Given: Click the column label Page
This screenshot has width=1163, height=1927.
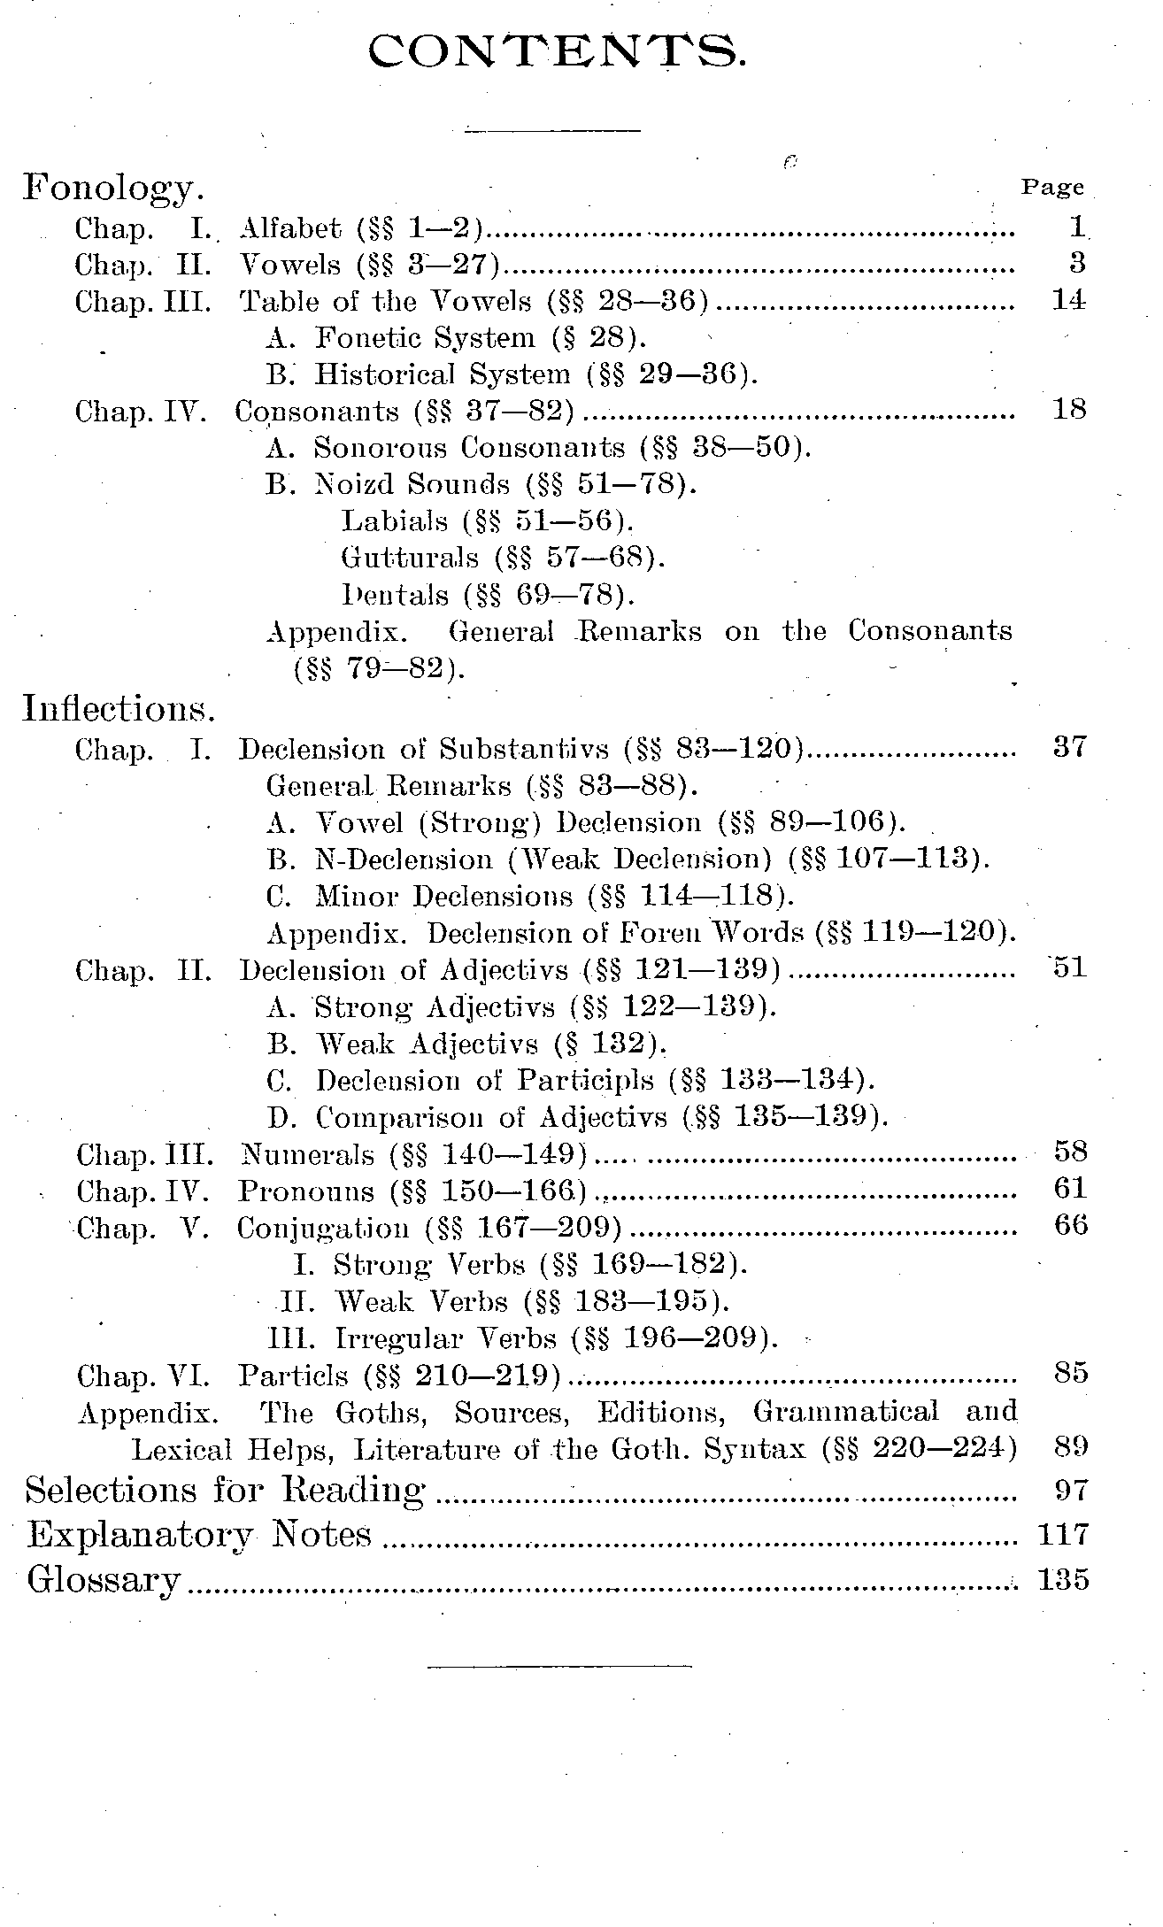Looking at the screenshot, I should (x=1052, y=188).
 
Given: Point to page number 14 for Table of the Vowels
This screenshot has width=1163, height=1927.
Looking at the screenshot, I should (x=1067, y=300).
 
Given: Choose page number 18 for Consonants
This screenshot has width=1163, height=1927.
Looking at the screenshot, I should (x=1068, y=410).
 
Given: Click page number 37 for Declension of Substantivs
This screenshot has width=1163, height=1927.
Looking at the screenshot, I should (x=1069, y=747).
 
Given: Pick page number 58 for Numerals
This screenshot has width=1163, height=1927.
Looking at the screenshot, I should (x=1070, y=1152).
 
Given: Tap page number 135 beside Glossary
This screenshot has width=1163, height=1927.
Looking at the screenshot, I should (x=1063, y=1579).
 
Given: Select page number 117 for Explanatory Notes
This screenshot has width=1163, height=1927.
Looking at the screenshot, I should (x=1063, y=1533).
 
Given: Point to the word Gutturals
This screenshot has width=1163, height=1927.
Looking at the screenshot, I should (x=410, y=558).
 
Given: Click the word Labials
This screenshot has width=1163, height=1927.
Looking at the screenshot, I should (x=395, y=521).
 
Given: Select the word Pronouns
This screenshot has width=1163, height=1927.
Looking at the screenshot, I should (x=305, y=1191).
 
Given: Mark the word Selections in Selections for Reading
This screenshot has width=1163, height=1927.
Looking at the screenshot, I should (x=112, y=1491).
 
